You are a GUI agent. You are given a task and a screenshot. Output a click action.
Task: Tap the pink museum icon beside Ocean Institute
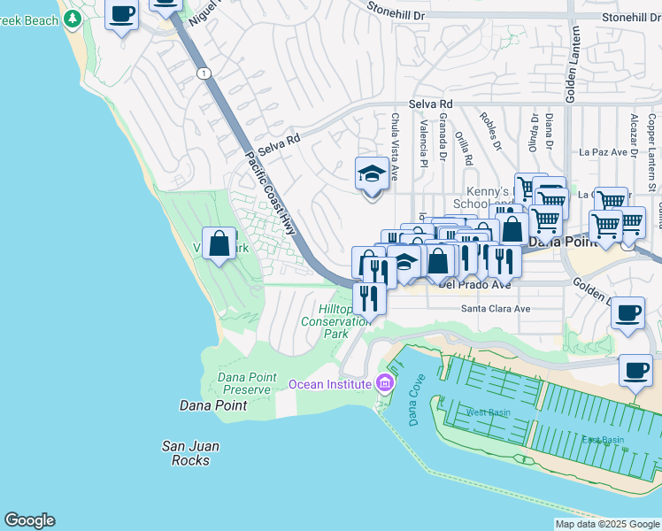384,383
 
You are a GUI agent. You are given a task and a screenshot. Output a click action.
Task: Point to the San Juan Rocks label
190,453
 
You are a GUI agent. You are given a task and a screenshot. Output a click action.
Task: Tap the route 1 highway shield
204,73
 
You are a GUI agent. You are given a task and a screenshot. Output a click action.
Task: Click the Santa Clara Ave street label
495,309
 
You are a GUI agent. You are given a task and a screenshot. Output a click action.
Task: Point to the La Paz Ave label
608,151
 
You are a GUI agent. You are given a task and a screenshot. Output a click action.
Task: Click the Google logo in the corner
29,520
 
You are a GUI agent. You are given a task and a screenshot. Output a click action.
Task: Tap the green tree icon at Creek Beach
73,18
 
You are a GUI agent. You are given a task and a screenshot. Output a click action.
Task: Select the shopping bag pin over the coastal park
219,242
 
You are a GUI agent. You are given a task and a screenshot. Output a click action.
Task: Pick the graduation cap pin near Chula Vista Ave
373,174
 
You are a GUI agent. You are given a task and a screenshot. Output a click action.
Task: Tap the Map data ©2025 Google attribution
605,524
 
